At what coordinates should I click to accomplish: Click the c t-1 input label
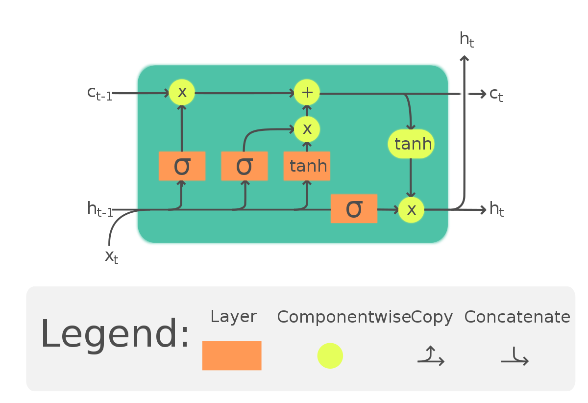[100, 93]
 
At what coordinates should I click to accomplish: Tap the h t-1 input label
[100, 209]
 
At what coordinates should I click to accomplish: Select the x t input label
[112, 256]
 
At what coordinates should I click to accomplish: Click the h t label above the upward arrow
[466, 39]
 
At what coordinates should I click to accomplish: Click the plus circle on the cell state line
[307, 93]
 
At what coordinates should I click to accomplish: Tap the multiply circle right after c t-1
[182, 92]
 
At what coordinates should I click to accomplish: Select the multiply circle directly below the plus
[307, 129]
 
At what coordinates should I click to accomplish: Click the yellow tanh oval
[411, 144]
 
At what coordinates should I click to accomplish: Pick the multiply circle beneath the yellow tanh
[411, 209]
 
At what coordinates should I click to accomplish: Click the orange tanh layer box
[307, 166]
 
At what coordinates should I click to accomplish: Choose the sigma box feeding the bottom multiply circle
[354, 209]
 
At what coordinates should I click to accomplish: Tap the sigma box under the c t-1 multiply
[182, 166]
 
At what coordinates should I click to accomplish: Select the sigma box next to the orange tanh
[244, 166]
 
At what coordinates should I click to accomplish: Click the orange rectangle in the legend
[232, 355]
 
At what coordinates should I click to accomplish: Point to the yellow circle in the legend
[330, 355]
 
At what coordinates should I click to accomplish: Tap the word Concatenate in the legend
[517, 317]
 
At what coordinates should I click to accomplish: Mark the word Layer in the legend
[233, 317]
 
